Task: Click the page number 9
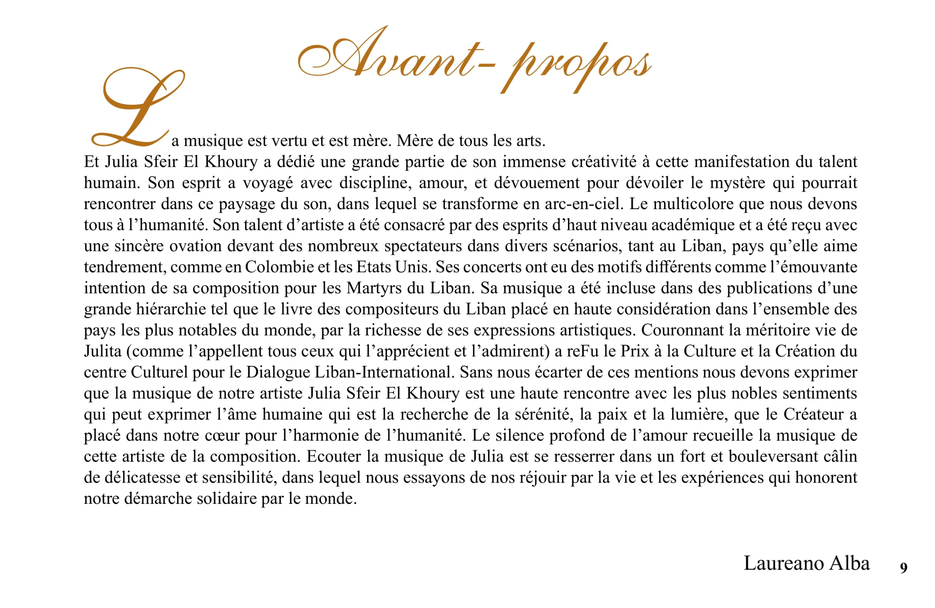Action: [903, 567]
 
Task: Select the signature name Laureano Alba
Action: [806, 563]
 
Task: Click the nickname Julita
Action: [103, 351]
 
